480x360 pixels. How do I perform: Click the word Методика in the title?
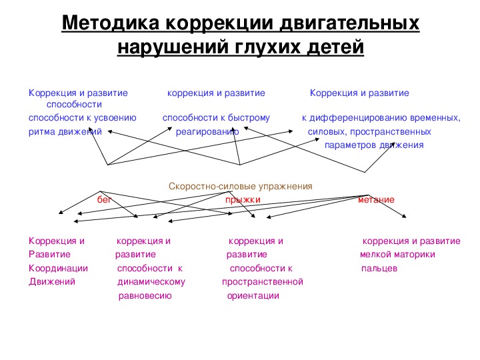111,23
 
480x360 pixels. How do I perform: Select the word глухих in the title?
268,47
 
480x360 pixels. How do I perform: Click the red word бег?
104,199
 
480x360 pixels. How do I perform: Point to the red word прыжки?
243,200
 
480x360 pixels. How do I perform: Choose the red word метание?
376,200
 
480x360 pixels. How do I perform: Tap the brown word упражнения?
285,187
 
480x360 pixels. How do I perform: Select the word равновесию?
145,296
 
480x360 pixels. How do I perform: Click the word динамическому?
151,281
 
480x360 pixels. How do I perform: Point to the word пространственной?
263,281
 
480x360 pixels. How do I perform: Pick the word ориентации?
253,296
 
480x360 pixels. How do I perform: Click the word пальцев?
379,269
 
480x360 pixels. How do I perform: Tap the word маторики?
415,255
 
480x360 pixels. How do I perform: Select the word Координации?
58,269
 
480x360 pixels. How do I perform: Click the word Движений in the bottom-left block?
52,281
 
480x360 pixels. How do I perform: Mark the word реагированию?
207,132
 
